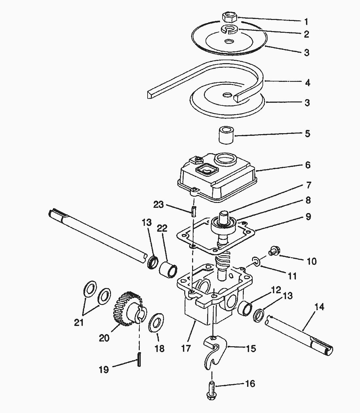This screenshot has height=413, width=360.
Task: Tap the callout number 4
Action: click(308, 83)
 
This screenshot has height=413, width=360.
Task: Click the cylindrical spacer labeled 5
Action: click(226, 135)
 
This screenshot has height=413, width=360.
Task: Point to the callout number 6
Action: click(308, 165)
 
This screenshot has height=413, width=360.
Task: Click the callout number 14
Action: click(319, 307)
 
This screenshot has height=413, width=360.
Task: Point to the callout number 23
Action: click(158, 205)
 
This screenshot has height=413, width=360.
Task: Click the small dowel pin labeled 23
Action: click(193, 211)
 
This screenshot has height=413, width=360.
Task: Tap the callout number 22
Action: click(162, 228)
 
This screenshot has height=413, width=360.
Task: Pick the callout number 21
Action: click(79, 323)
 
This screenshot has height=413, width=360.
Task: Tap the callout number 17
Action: click(186, 348)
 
